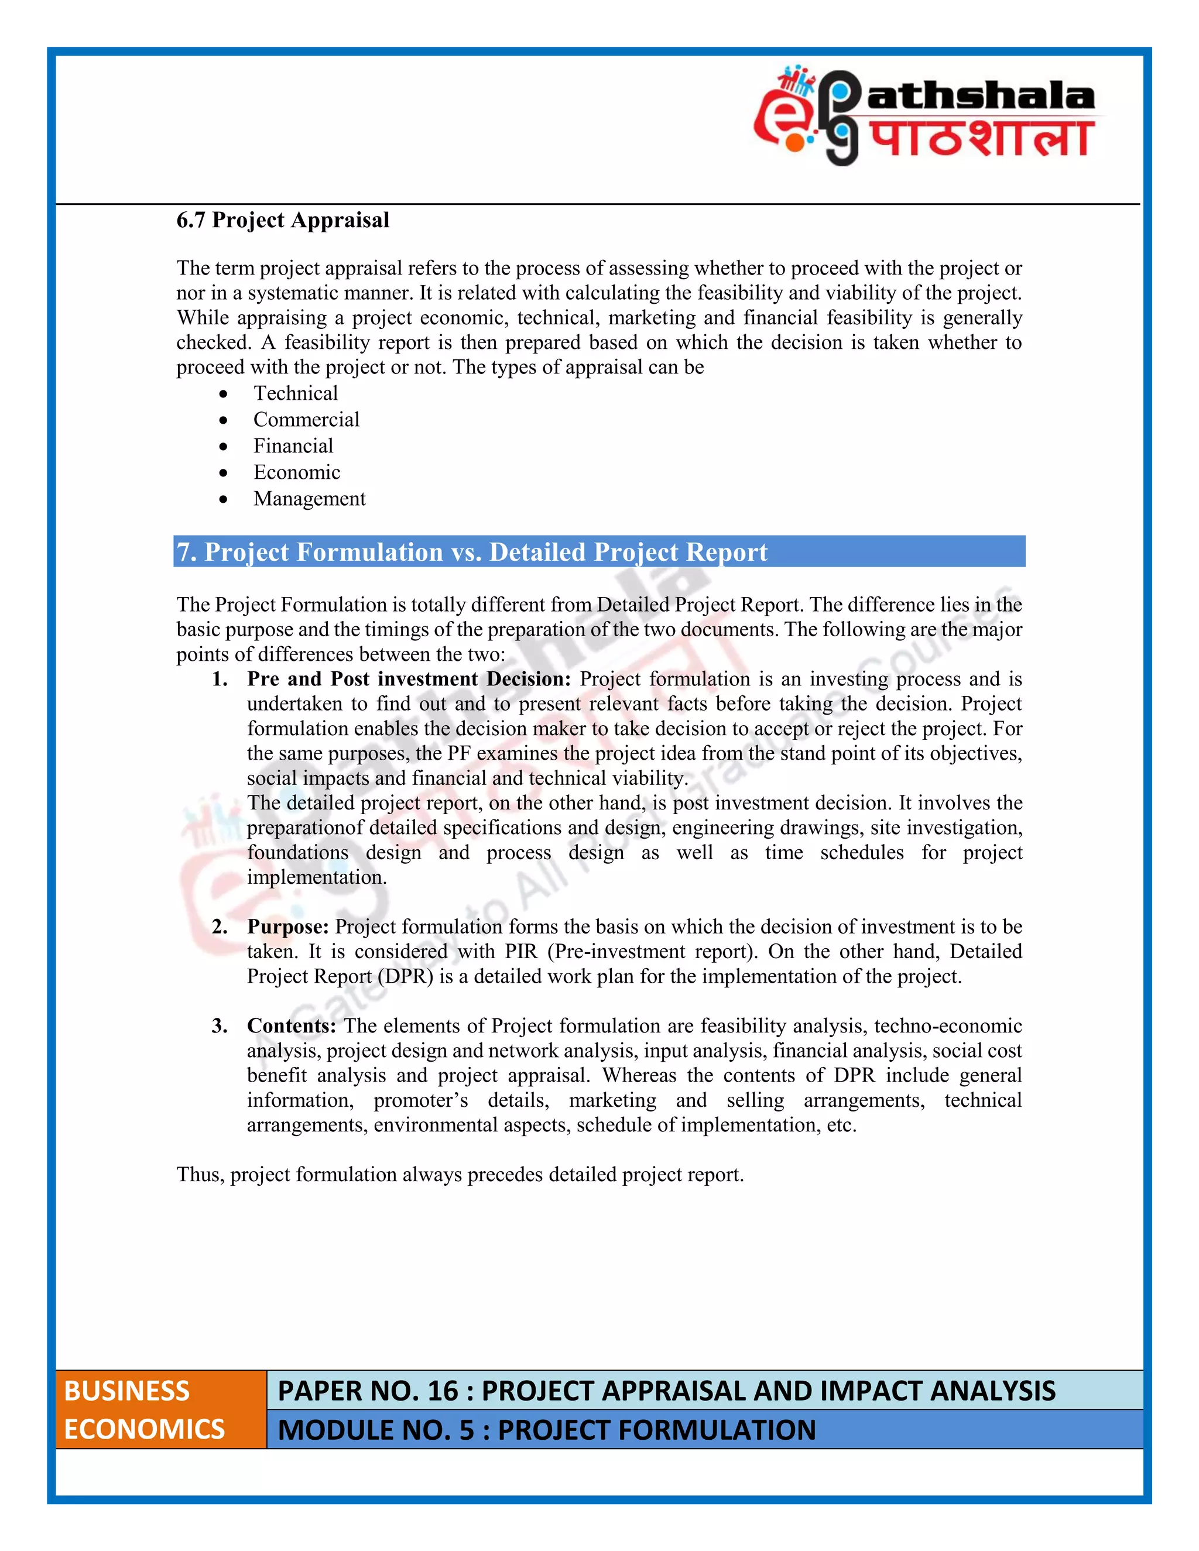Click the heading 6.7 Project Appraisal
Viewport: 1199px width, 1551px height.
pyautogui.click(x=283, y=220)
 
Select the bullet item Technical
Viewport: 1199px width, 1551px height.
pyautogui.click(x=296, y=393)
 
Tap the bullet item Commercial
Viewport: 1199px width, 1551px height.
pyautogui.click(x=306, y=420)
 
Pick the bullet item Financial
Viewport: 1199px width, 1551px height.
pyautogui.click(x=293, y=446)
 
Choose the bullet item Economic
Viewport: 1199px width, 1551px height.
pyautogui.click(x=297, y=472)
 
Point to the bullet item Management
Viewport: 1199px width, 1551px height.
pyautogui.click(x=309, y=499)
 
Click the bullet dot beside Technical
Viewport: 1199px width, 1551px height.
pyautogui.click(x=224, y=394)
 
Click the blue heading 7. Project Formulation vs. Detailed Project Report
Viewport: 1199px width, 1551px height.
pyautogui.click(x=472, y=552)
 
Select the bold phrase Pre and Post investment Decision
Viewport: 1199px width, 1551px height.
pyautogui.click(x=409, y=679)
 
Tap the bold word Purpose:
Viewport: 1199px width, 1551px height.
pyautogui.click(x=287, y=927)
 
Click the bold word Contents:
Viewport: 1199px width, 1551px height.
pyautogui.click(x=291, y=1026)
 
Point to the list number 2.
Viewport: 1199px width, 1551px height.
pyautogui.click(x=220, y=927)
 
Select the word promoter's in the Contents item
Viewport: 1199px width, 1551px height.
pyautogui.click(x=420, y=1101)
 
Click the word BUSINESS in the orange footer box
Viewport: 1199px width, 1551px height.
pyautogui.click(x=126, y=1391)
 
